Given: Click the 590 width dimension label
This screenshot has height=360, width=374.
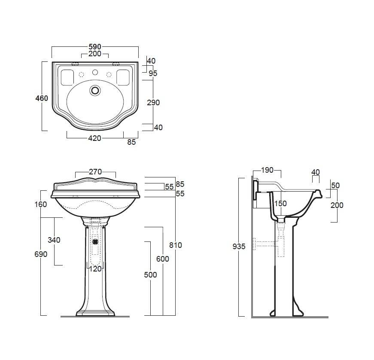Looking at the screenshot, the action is click(x=95, y=47).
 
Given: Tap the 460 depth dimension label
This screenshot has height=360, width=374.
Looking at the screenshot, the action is click(x=42, y=98).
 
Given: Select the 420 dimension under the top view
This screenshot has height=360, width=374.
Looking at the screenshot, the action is click(x=95, y=138).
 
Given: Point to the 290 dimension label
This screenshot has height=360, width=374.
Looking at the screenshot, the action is click(x=153, y=103).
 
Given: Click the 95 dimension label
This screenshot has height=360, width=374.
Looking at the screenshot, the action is click(x=153, y=73).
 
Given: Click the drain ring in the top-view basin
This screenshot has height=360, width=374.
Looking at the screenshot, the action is click(x=95, y=90).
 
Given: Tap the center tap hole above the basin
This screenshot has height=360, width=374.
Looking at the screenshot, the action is click(x=95, y=72).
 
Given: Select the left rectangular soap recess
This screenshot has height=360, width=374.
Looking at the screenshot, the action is click(x=67, y=77).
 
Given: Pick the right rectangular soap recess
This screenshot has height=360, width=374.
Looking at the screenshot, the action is click(x=123, y=77).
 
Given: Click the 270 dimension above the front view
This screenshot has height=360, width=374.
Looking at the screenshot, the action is click(x=95, y=172).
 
